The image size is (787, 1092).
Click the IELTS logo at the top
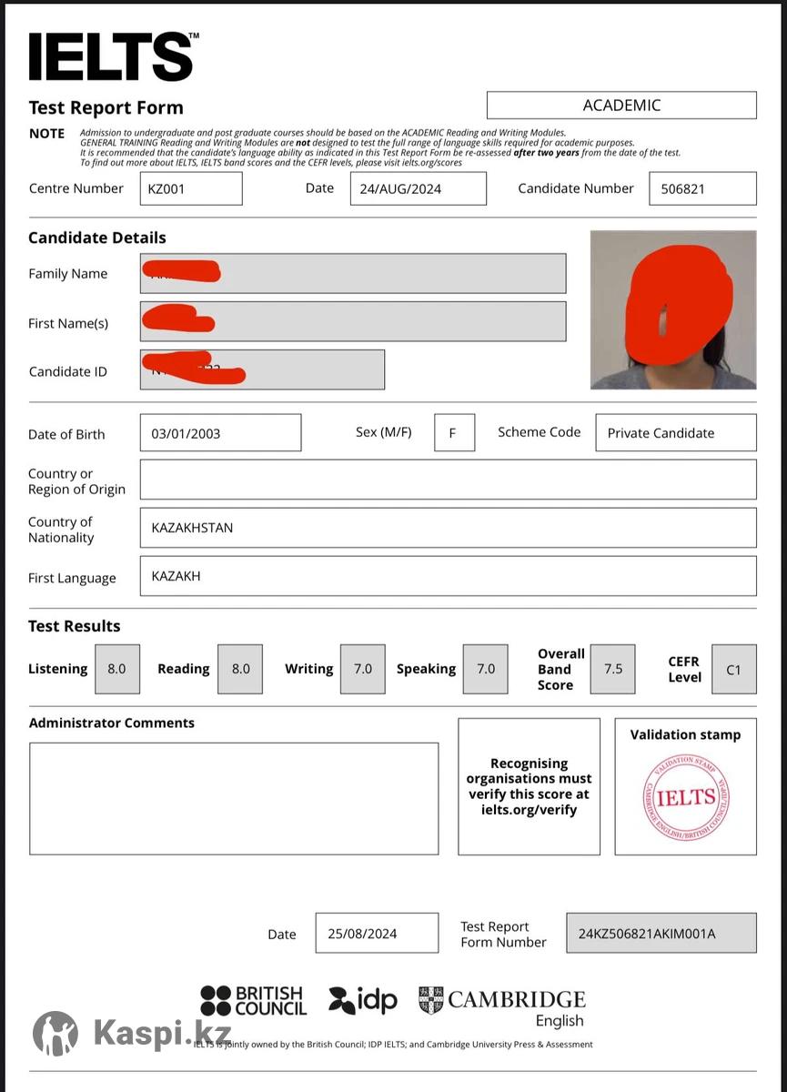[112, 57]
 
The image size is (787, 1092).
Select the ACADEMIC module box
[621, 106]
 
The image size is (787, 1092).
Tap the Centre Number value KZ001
[191, 189]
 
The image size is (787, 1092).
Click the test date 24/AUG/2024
[418, 189]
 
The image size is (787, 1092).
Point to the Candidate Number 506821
[701, 189]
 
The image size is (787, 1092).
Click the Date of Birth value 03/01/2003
[220, 433]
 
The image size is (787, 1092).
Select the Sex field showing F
[454, 433]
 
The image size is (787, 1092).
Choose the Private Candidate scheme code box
[675, 433]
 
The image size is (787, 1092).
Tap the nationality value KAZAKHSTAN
[448, 528]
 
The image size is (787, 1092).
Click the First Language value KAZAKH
[448, 576]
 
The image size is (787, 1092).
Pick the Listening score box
[116, 669]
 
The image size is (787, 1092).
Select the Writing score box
[362, 669]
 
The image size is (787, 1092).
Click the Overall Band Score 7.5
[613, 669]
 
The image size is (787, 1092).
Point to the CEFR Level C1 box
[733, 670]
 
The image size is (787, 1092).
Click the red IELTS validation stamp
[686, 798]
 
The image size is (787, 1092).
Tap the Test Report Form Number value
[661, 934]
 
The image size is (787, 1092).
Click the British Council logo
[254, 1001]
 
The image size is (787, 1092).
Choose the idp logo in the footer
[363, 1001]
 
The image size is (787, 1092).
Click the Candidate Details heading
[97, 238]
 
